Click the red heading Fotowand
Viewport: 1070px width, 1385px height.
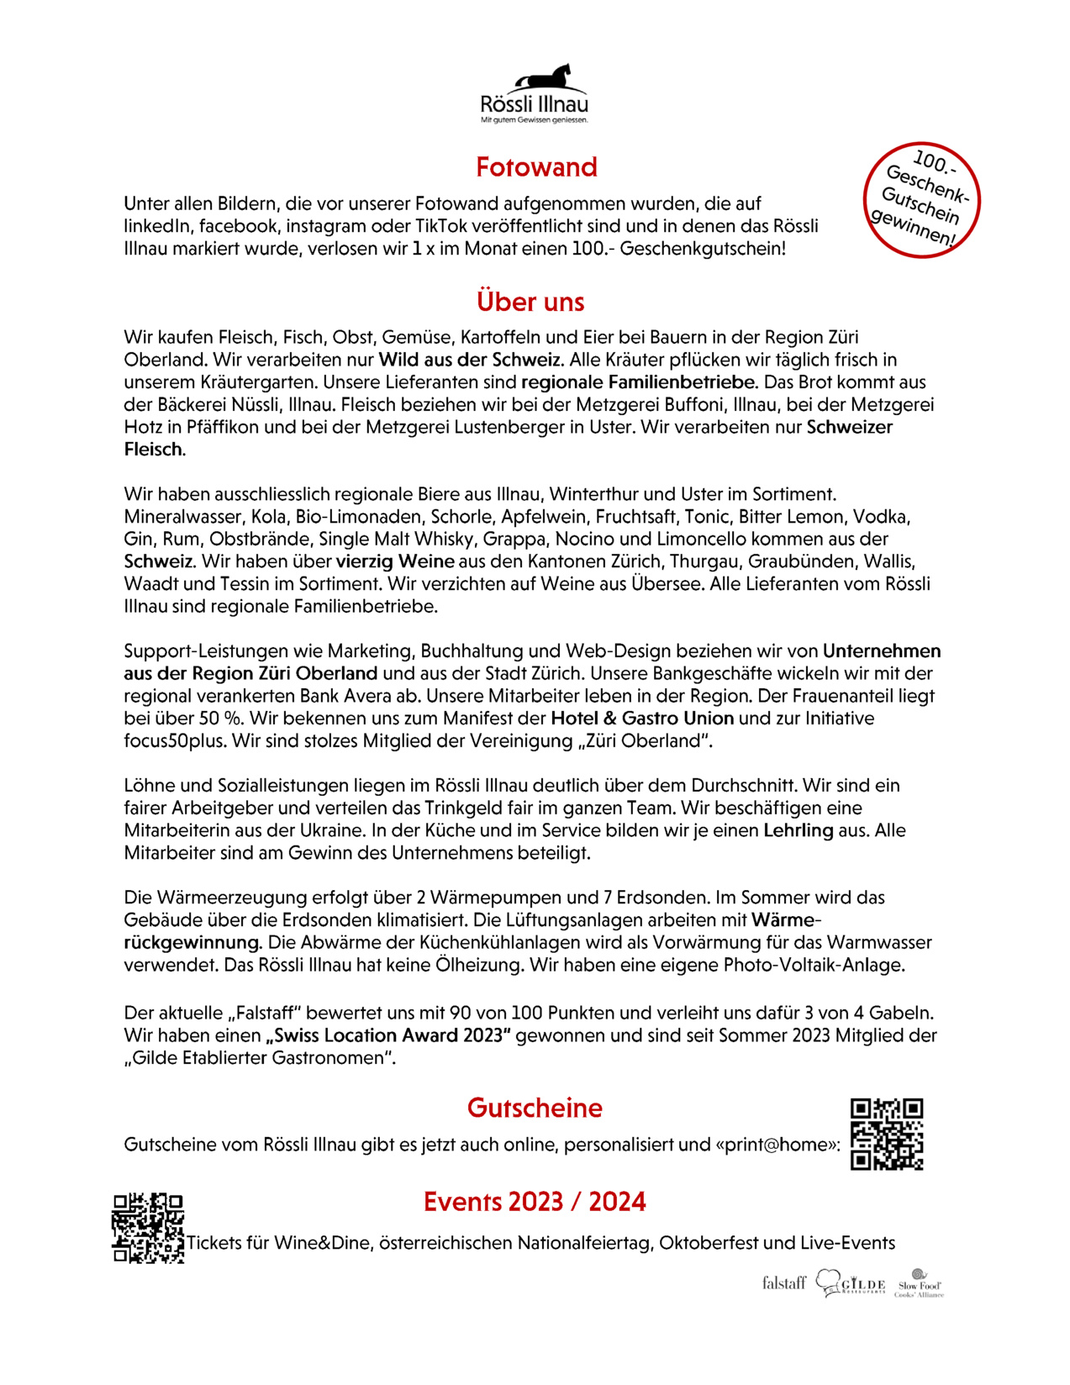pos(536,167)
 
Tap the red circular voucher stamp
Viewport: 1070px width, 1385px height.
pos(922,200)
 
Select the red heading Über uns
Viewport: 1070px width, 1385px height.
pos(530,302)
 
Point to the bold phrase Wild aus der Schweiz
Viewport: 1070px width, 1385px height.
pos(471,360)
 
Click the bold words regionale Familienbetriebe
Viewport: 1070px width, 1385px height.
pos(639,382)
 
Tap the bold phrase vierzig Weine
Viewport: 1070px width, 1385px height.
pos(395,561)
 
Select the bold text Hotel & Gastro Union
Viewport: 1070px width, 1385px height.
pos(642,719)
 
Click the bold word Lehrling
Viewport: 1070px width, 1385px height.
pos(798,830)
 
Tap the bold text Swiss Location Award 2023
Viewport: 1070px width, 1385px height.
pos(388,1035)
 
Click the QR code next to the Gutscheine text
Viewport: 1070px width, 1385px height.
pos(887,1134)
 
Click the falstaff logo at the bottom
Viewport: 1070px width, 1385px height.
pos(783,1282)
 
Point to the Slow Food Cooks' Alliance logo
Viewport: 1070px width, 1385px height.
pos(919,1283)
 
